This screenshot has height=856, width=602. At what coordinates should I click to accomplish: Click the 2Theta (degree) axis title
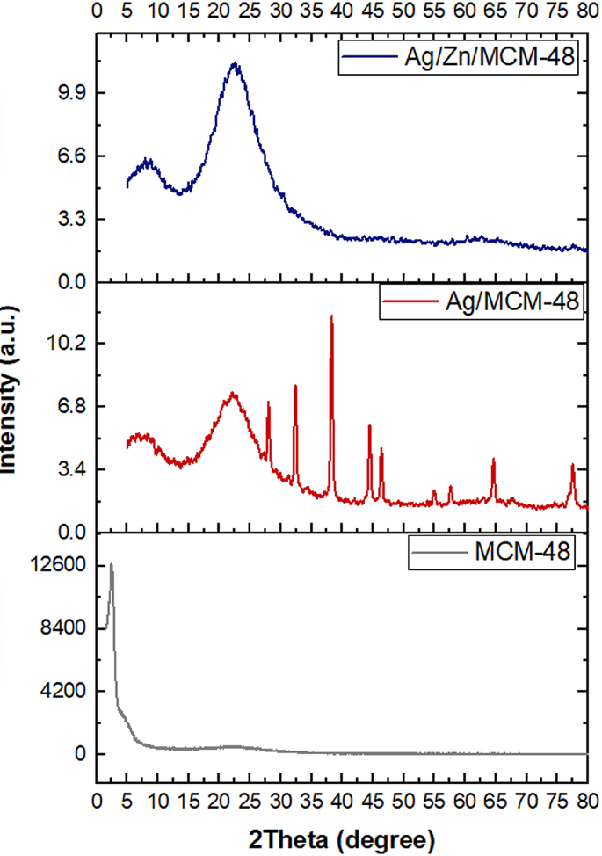[341, 833]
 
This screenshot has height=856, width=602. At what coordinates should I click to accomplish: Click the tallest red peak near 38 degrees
[331, 316]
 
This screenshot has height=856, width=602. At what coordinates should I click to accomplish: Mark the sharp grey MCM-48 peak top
[112, 564]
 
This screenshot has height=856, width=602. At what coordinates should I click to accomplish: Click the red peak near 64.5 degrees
[493, 460]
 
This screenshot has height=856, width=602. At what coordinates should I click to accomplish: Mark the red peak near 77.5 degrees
[572, 465]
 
